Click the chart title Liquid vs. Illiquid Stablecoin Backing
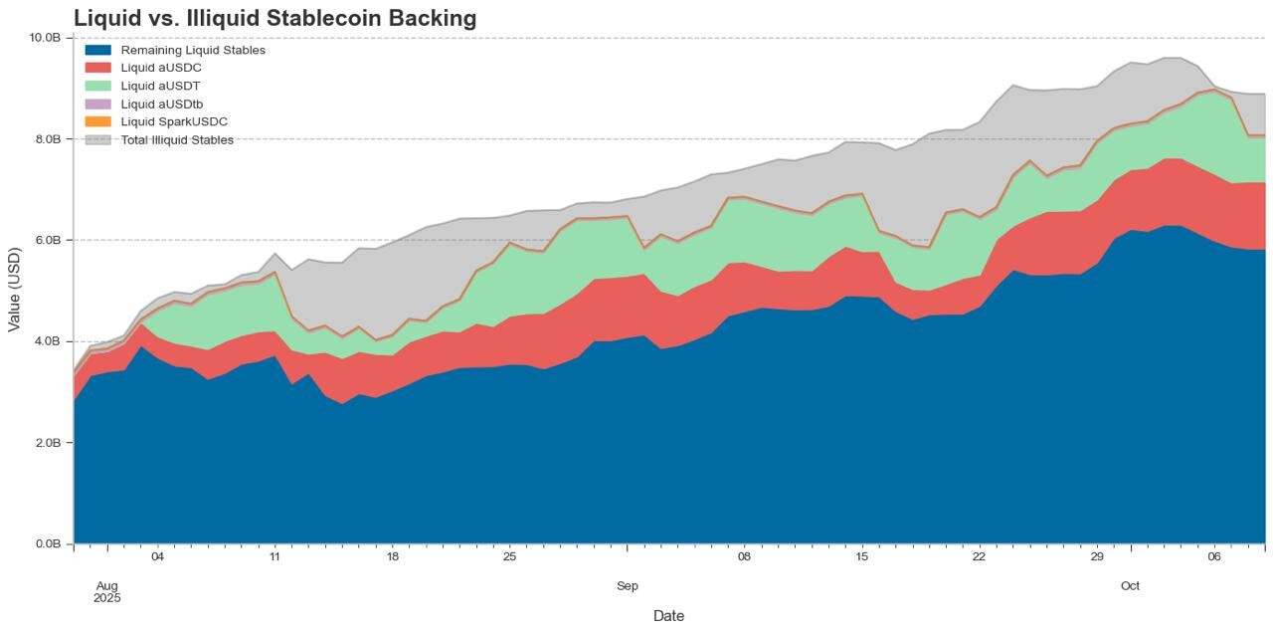274,18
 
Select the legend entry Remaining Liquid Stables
193,50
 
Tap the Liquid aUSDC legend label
161,68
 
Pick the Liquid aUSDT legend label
160,86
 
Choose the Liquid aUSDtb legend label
162,104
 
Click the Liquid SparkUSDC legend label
174,121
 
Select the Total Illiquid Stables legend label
177,139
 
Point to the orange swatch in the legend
98,121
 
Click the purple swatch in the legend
98,104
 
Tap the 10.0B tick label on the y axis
46,38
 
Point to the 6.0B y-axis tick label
49,240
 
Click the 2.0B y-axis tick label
49,442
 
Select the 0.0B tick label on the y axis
49,543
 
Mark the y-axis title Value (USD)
14,290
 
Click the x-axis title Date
668,616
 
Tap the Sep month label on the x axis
628,586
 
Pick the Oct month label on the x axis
1130,586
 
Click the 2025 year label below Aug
107,598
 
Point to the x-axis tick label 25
509,556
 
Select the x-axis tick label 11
274,556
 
